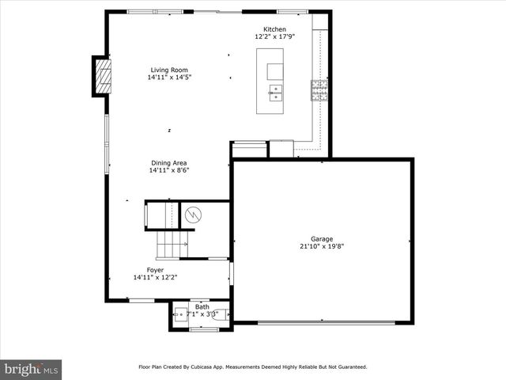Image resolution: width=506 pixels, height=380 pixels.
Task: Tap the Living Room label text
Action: [x=169, y=70]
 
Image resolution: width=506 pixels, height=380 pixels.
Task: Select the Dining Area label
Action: [x=169, y=163]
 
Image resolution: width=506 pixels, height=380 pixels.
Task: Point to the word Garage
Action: [x=321, y=239]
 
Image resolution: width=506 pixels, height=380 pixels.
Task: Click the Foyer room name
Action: [x=155, y=270]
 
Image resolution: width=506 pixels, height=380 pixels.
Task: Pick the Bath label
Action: [x=202, y=307]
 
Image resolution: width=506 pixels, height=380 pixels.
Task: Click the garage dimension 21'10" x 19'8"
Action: [x=321, y=246]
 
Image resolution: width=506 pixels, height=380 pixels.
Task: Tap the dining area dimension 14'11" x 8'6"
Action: [x=169, y=170]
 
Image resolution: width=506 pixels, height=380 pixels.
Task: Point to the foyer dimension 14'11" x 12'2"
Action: [x=155, y=277]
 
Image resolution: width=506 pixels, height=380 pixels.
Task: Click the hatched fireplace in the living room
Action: [x=103, y=76]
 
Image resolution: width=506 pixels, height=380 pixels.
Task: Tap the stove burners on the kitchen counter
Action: [x=319, y=90]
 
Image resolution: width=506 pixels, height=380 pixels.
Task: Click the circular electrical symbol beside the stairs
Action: [x=194, y=214]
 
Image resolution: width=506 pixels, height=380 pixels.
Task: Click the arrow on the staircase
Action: [x=183, y=245]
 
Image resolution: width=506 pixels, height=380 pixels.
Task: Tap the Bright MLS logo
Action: [x=31, y=369]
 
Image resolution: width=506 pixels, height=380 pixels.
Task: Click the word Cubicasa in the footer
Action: [x=201, y=367]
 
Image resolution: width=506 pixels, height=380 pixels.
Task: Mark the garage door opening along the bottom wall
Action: [x=323, y=321]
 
